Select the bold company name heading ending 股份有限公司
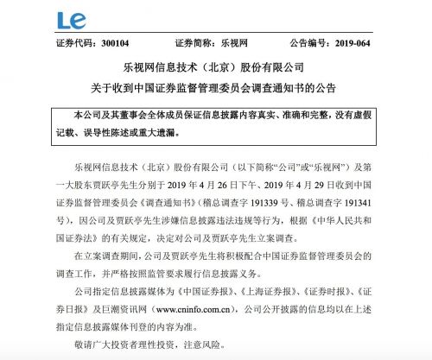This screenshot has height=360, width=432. click(x=215, y=66)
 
